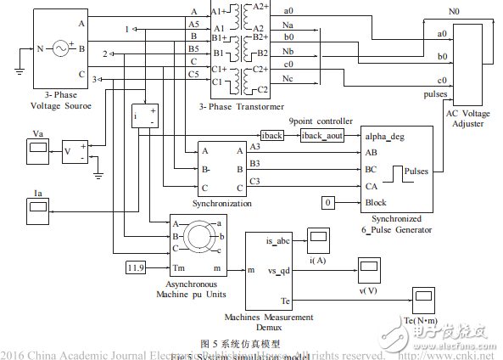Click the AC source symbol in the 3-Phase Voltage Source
[60, 49]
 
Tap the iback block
[272, 136]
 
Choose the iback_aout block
[322, 136]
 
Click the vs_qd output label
[281, 271]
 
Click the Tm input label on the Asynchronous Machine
[180, 268]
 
